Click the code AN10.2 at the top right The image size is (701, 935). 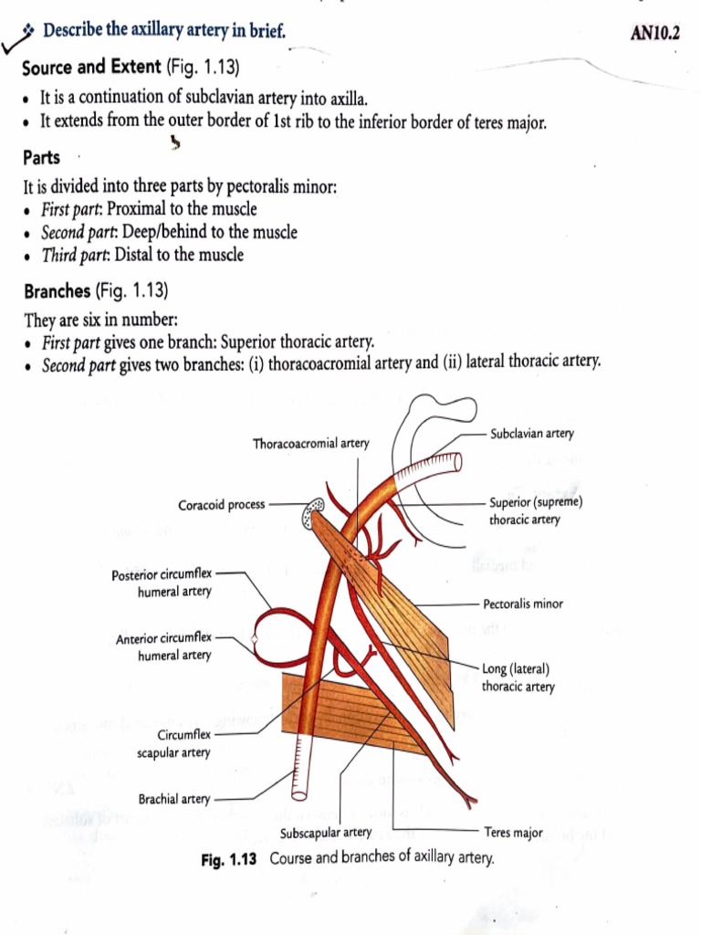(x=655, y=34)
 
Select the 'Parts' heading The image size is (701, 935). (x=42, y=158)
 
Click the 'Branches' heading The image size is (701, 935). (x=58, y=291)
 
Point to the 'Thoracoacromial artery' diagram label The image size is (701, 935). (x=311, y=444)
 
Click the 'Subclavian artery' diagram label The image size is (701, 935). (x=532, y=434)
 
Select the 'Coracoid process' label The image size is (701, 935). (x=222, y=504)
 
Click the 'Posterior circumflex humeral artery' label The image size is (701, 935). (x=162, y=583)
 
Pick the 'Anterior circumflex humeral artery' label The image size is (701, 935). (x=163, y=646)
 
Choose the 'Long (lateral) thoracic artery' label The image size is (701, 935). (x=518, y=678)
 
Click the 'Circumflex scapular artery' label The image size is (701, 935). (x=173, y=743)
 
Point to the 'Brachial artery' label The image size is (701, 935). (x=173, y=799)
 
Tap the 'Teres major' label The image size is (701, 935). (x=514, y=832)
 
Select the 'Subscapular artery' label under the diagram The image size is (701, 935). (x=326, y=832)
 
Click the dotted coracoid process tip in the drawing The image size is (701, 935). (x=313, y=514)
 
